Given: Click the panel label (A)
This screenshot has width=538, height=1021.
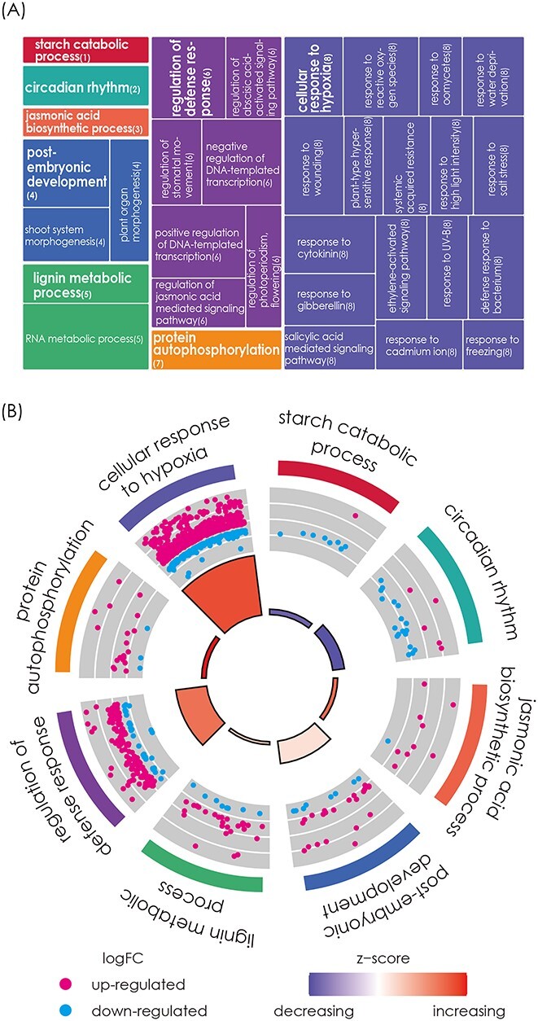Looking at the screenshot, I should [19, 17].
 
